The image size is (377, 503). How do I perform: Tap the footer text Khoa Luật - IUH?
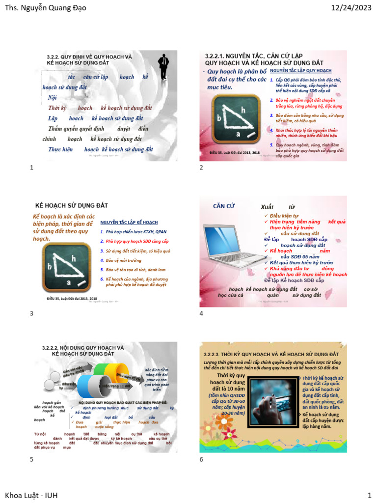(31, 495)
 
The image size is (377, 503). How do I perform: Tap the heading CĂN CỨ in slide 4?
(224, 206)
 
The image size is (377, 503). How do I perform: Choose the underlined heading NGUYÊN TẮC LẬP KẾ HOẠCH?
(129, 223)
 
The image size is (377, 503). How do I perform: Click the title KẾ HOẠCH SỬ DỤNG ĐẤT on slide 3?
(72, 205)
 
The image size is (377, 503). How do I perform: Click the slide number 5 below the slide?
(32, 459)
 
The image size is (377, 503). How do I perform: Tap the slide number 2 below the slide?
(201, 168)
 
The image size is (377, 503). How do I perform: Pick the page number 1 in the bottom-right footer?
(369, 495)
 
